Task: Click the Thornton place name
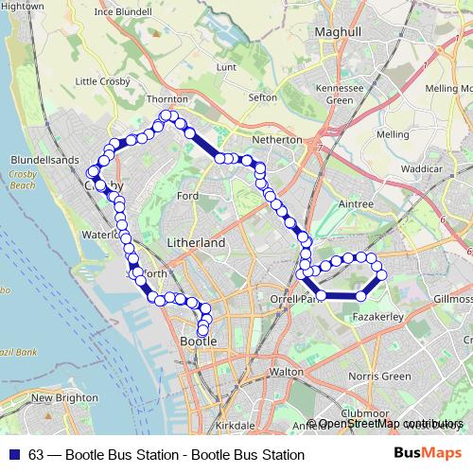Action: pos(168,98)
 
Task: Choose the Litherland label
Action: pos(196,243)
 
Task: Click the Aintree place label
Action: pos(356,203)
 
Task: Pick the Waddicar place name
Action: pos(422,167)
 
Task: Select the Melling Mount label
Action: pos(448,88)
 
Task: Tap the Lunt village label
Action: pos(226,67)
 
